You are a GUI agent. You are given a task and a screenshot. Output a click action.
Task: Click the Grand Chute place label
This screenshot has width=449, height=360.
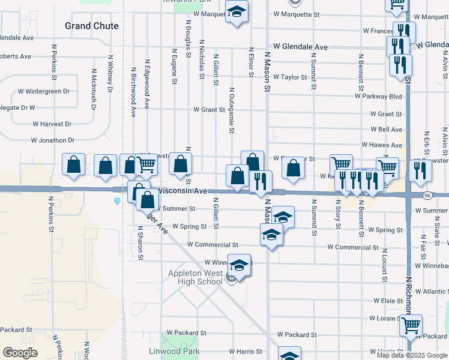(x=92, y=26)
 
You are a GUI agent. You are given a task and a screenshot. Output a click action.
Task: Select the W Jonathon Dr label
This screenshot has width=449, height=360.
(x=53, y=140)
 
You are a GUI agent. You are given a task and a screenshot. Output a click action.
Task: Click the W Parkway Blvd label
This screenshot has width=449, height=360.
(x=378, y=96)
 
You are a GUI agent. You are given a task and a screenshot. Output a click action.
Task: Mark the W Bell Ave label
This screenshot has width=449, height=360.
(x=386, y=130)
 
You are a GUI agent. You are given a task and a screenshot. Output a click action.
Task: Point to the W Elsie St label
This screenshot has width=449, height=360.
(x=387, y=301)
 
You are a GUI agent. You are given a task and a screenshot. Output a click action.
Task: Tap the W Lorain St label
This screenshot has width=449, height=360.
(x=385, y=318)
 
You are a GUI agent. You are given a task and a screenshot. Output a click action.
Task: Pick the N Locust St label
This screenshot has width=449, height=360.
(x=384, y=264)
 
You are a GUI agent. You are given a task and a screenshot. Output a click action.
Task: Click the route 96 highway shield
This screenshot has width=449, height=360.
(x=427, y=196)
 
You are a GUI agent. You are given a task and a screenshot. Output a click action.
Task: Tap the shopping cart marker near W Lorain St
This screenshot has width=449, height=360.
(x=411, y=326)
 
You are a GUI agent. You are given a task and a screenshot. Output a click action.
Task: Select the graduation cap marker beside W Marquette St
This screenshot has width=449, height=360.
(x=237, y=12)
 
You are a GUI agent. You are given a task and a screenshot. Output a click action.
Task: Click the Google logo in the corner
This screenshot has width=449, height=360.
(x=20, y=353)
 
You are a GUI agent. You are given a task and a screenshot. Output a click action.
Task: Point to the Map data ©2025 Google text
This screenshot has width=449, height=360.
(x=412, y=355)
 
